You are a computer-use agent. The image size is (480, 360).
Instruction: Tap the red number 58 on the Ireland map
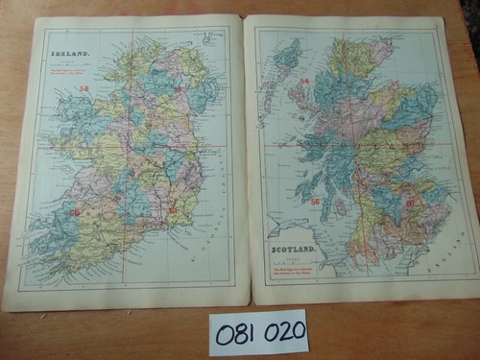click(84, 88)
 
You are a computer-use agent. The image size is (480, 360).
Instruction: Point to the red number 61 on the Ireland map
click(173, 208)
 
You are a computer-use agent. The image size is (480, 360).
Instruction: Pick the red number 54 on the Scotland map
click(304, 82)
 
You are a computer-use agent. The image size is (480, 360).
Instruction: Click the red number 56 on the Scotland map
click(314, 202)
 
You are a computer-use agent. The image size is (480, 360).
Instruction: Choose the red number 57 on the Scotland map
click(410, 203)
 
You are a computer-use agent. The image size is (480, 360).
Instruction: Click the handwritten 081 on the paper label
click(236, 333)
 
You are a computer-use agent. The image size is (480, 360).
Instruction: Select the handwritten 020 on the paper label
click(284, 332)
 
